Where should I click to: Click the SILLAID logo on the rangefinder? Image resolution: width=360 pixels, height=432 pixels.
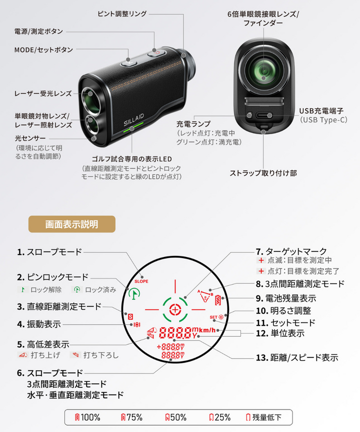point(133,119)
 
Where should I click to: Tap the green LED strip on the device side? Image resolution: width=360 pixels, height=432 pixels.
point(133,127)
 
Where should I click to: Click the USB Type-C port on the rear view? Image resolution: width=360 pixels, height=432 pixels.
point(264,115)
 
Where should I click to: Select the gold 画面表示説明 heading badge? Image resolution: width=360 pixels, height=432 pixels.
point(72,224)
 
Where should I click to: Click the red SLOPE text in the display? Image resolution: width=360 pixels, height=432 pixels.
point(141,281)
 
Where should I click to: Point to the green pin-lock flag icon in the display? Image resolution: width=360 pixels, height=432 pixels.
point(134,293)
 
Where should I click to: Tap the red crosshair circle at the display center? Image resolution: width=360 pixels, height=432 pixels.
point(175,309)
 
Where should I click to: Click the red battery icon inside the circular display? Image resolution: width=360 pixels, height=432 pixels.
point(218,300)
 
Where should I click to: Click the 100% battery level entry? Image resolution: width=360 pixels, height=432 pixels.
point(88,417)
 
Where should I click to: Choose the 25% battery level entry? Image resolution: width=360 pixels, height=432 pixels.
point(220,417)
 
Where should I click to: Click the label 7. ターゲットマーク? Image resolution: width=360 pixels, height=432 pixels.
point(291,251)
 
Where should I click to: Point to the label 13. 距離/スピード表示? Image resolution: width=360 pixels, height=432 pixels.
point(297,357)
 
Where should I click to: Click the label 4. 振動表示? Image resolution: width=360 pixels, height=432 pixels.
point(39,324)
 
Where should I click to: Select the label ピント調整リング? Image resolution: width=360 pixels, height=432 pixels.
point(122,14)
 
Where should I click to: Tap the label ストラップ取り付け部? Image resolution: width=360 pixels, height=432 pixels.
point(263,173)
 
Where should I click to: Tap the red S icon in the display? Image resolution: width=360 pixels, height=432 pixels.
point(130,317)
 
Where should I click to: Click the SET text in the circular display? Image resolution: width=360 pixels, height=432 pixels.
point(213,317)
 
